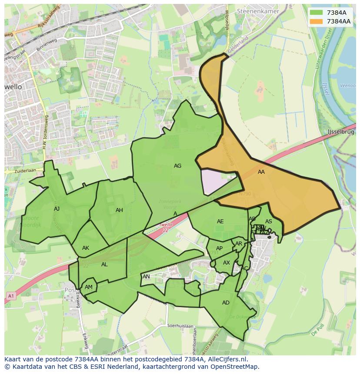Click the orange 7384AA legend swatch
317,21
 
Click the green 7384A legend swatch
317,13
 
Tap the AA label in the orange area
261,172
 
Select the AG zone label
177,166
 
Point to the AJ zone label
57,209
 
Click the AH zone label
119,210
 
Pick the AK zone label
86,248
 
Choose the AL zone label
104,265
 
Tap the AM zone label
89,287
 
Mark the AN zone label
146,277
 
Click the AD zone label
226,303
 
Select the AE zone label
220,222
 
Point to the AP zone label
219,248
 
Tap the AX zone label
226,263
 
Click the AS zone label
269,222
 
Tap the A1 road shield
10,296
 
